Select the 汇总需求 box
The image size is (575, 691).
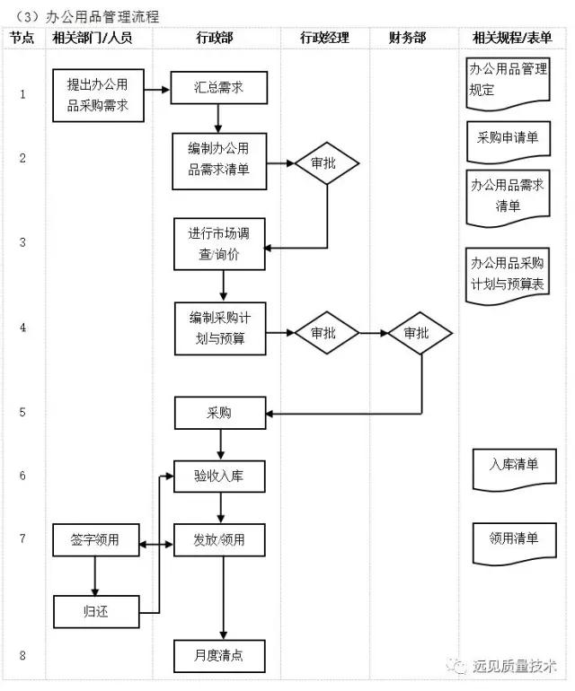click(219, 88)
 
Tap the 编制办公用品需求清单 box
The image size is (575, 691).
click(220, 161)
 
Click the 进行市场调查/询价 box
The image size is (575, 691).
click(220, 244)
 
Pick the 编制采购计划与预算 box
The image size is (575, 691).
click(220, 328)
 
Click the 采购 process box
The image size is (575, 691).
click(220, 413)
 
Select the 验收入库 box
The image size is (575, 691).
click(220, 476)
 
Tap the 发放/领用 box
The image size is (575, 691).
click(220, 540)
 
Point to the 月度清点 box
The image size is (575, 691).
click(220, 656)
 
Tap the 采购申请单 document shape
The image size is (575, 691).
click(507, 138)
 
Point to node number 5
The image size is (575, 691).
click(22, 413)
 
